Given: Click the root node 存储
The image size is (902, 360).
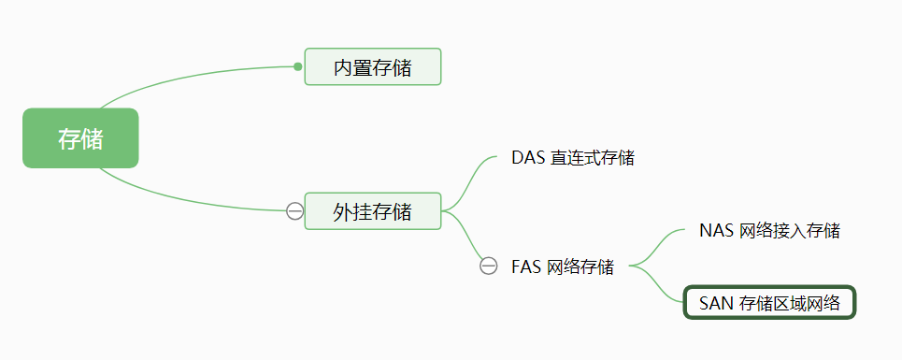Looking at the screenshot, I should (x=80, y=138).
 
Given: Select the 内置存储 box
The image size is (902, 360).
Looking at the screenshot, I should (x=372, y=67).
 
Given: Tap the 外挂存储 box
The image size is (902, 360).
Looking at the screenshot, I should (x=372, y=211).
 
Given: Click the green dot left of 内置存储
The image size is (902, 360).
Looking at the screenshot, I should (x=297, y=66).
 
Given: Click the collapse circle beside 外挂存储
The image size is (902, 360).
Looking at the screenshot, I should (x=294, y=211).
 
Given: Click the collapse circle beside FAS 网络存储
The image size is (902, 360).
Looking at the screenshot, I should (x=488, y=266).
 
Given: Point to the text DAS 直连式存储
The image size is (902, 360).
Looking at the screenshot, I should (x=573, y=158).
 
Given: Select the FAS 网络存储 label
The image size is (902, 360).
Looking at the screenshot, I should (x=563, y=266).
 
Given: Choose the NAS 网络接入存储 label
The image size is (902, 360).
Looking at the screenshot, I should (x=769, y=230).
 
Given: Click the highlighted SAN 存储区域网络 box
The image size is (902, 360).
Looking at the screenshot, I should (x=769, y=303).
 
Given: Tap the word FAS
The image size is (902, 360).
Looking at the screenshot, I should (x=526, y=266).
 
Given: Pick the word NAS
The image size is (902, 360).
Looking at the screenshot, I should (x=716, y=230).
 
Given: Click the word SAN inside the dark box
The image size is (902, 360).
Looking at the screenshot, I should (x=716, y=303).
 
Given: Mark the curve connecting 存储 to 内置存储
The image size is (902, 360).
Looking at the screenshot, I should (x=187, y=75).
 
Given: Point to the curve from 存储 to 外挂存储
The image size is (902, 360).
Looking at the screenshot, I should (x=187, y=201).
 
